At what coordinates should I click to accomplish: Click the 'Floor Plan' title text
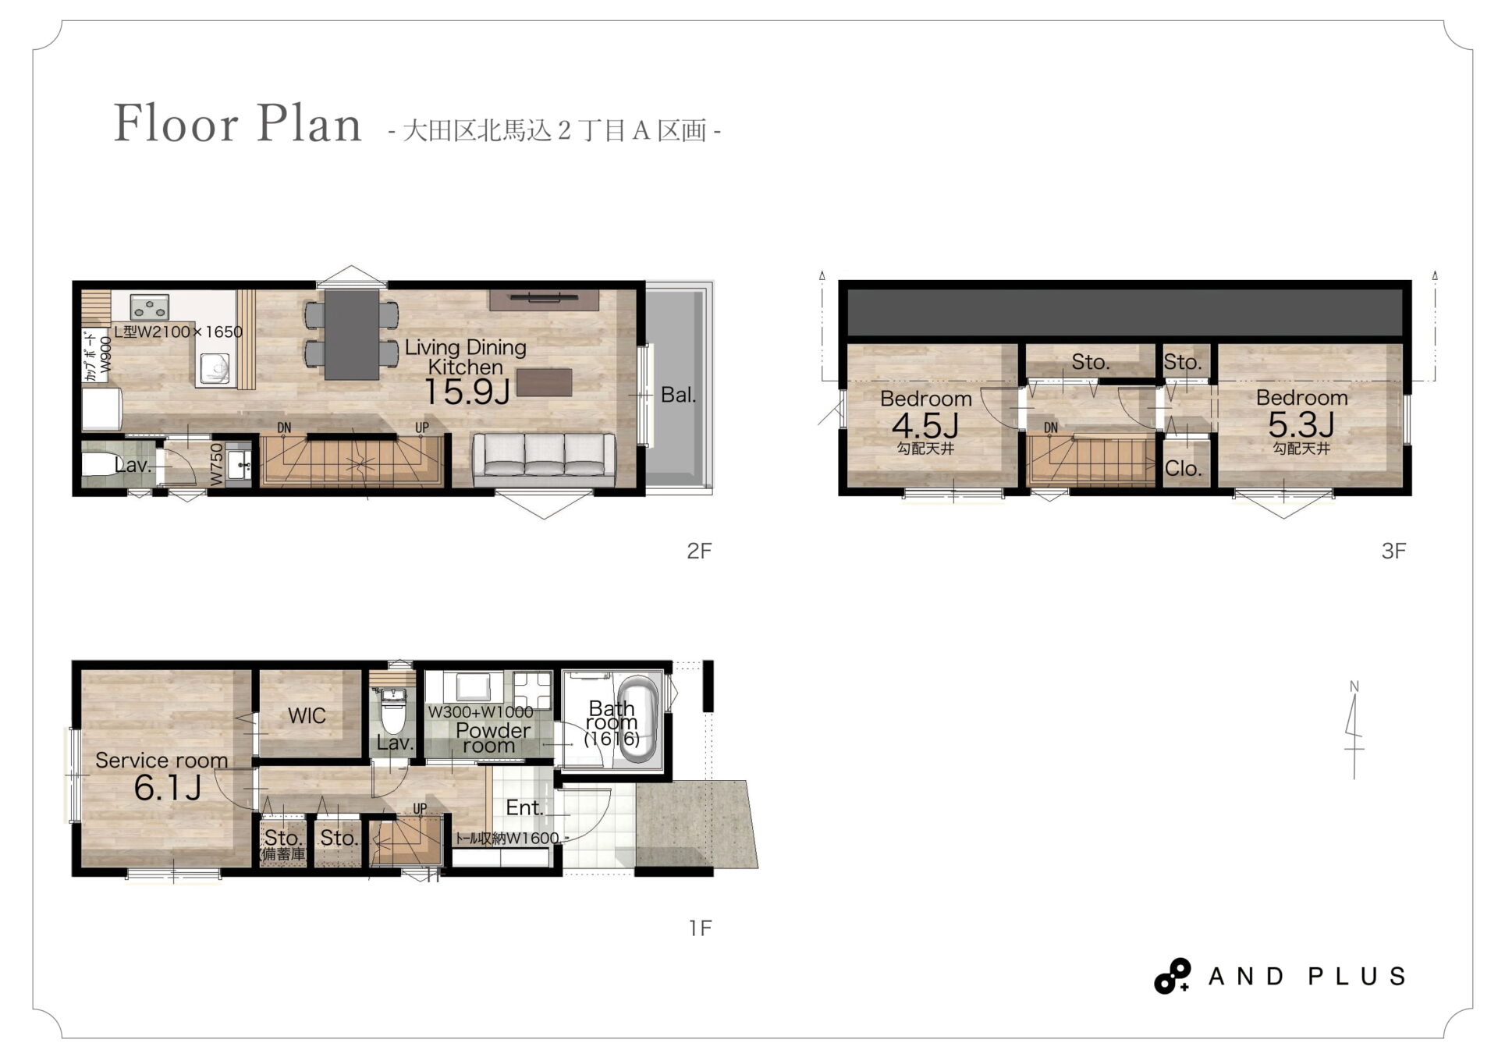[238, 123]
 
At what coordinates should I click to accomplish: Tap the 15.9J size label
[467, 392]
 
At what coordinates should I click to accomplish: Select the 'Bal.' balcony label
[678, 395]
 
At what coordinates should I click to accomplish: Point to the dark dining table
[352, 334]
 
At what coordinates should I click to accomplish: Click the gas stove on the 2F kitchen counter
[150, 307]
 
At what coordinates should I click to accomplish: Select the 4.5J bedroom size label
[925, 426]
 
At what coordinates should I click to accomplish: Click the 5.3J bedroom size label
[1301, 424]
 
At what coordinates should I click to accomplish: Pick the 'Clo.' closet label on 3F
[1182, 468]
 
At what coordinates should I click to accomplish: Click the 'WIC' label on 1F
[307, 715]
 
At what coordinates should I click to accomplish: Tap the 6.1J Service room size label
[168, 788]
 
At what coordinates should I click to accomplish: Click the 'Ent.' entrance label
[524, 807]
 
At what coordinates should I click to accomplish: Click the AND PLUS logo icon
[1172, 976]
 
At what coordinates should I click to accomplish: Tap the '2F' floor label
[699, 551]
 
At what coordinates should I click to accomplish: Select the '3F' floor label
[1393, 551]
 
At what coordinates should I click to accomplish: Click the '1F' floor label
[700, 928]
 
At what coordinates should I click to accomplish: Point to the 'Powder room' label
[492, 738]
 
